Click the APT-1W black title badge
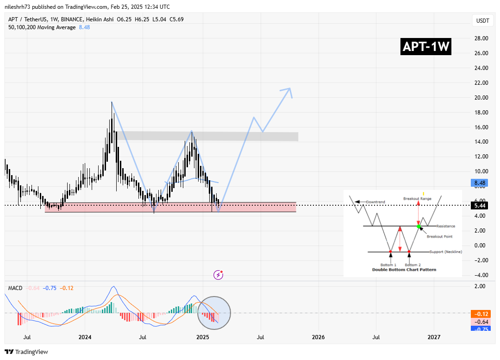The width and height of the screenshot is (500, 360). pos(426,47)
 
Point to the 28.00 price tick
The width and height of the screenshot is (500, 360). pos(480,38)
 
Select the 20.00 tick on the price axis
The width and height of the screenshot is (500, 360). pos(480,98)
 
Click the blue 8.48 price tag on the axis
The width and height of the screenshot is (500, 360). pos(480,183)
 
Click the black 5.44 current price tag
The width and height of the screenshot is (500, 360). pos(480,205)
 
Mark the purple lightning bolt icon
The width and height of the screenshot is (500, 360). pos(218,275)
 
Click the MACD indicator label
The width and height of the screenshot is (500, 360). pos(16,288)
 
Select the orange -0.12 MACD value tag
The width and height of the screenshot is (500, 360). pos(480,313)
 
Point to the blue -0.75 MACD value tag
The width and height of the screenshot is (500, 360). pos(480,329)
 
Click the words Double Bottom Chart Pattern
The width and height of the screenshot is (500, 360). pos(404,269)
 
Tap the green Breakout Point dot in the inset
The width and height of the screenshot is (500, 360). pos(419,226)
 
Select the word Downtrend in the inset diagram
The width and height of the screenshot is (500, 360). pos(375,202)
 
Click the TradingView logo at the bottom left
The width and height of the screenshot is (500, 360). pos(26,352)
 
